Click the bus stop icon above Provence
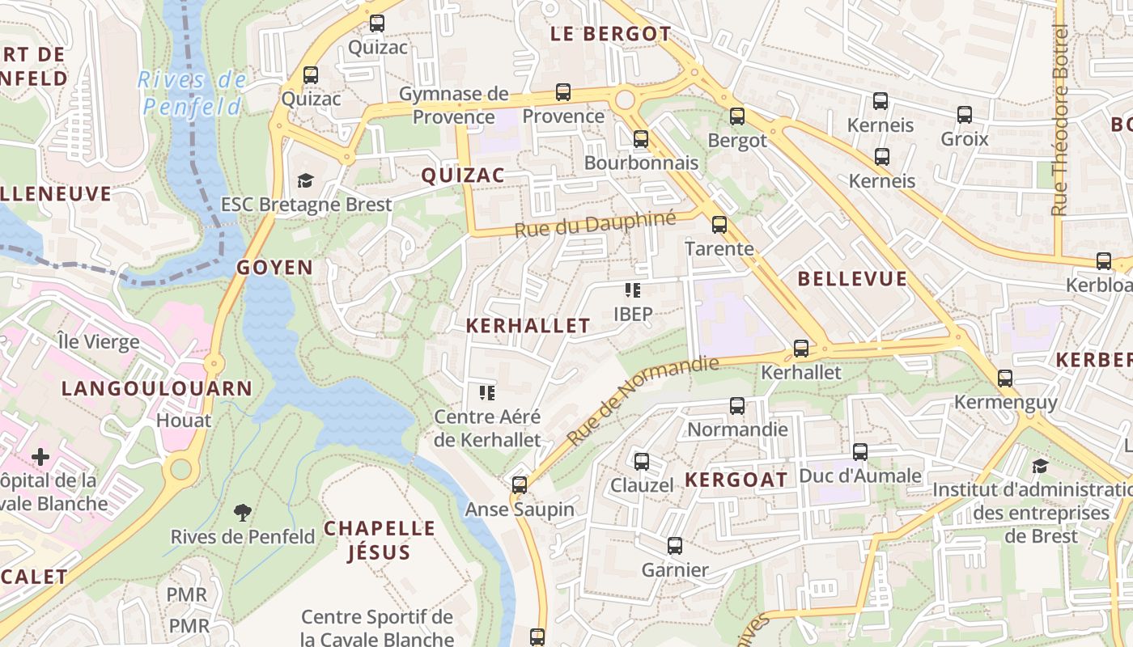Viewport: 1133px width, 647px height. click(563, 92)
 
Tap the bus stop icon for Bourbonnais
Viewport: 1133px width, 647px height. click(641, 139)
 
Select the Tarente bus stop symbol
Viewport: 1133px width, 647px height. click(719, 225)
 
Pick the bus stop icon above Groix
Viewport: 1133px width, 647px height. click(964, 115)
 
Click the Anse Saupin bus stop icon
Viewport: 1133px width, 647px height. click(520, 485)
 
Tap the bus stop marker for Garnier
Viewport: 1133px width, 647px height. click(675, 546)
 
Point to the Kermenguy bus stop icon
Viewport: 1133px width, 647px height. click(1005, 378)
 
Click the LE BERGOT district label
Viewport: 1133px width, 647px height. click(610, 34)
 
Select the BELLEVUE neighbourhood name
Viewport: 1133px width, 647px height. click(852, 279)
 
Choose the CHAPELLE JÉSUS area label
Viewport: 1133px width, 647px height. click(380, 540)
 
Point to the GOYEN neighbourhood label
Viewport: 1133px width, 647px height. click(274, 268)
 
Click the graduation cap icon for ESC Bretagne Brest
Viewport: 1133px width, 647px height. click(305, 180)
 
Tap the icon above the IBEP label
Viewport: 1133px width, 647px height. click(633, 290)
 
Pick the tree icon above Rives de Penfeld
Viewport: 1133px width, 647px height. click(242, 511)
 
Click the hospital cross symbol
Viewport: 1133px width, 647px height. click(40, 457)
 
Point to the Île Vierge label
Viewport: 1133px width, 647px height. click(99, 341)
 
